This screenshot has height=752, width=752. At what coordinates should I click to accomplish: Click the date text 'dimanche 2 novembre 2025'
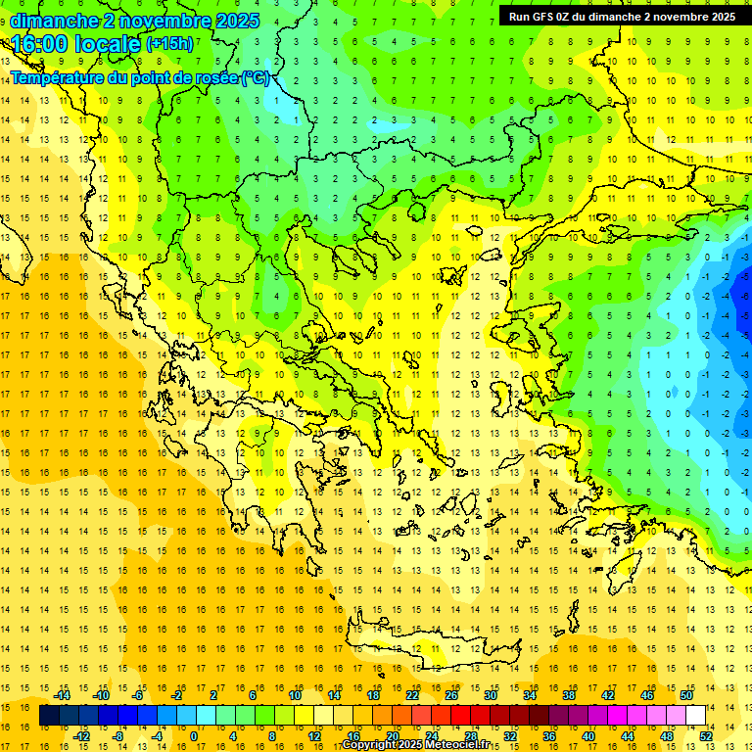135,20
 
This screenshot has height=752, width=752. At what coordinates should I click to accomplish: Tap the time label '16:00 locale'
76,44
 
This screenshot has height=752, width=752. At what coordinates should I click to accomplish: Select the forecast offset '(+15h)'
169,44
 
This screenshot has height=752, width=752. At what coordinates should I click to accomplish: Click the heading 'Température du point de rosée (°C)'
140,77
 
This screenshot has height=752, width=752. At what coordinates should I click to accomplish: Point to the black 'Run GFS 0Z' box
622,16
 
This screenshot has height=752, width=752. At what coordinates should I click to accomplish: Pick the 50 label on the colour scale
685,695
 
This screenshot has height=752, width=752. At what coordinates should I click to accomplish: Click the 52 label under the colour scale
706,735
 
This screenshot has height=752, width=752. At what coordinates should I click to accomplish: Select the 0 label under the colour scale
194,735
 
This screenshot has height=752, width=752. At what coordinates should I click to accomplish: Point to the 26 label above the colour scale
451,695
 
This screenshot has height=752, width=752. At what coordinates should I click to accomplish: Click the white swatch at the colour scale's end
695,716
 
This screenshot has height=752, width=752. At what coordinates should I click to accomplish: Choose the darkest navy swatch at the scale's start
49,716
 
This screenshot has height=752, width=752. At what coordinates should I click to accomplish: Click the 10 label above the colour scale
295,695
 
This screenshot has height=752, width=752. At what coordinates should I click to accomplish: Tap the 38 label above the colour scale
569,695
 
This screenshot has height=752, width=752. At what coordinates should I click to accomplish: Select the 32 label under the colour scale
510,735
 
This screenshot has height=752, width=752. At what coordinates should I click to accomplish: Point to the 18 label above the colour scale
373,695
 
